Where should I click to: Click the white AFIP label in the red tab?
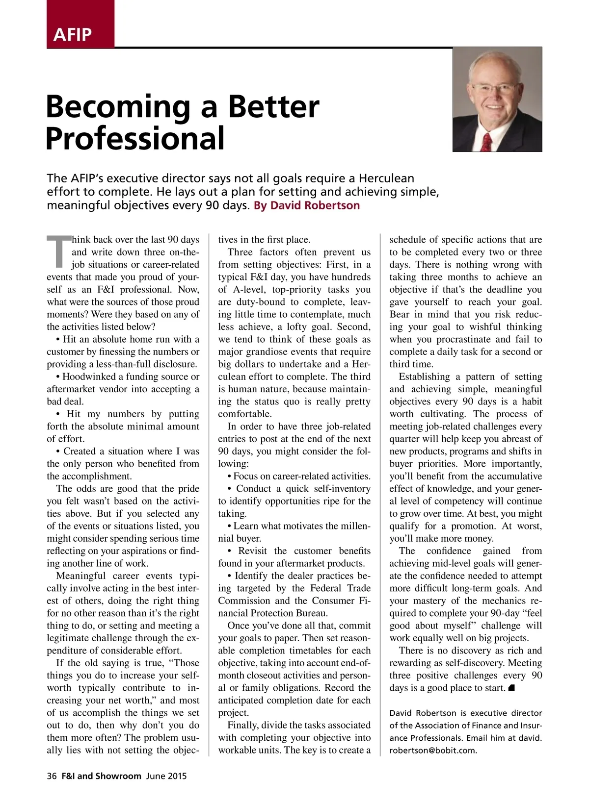[x=73, y=35]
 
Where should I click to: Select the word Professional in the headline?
[x=135, y=138]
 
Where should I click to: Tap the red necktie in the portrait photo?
[x=487, y=142]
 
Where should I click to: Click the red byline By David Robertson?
[x=307, y=205]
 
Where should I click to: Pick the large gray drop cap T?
[x=58, y=251]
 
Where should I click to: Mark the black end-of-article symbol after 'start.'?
[x=511, y=688]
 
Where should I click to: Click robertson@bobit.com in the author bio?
[x=433, y=751]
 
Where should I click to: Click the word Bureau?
[x=311, y=613]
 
